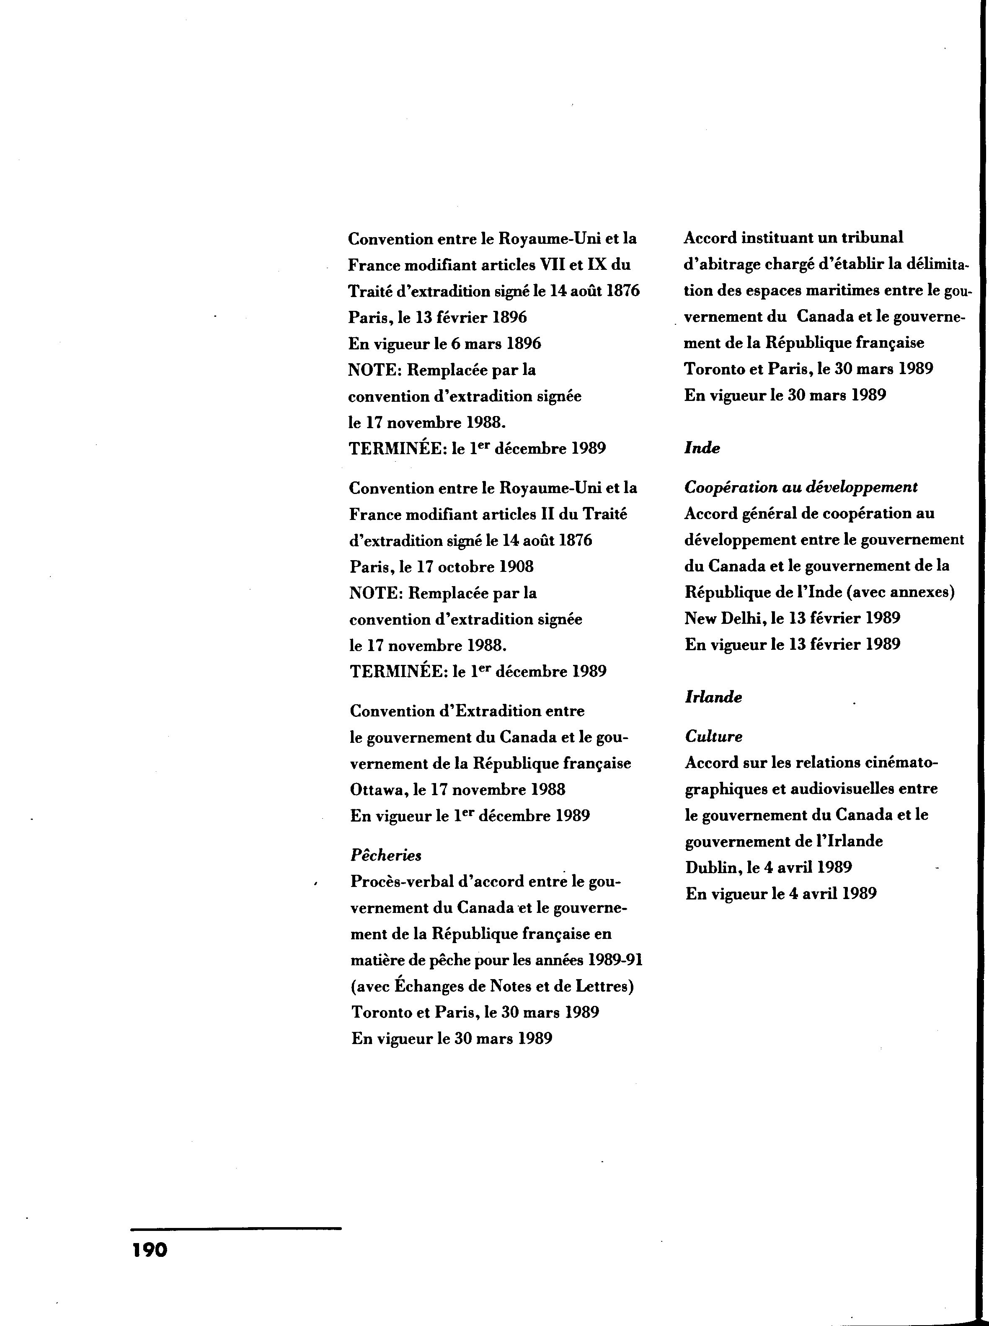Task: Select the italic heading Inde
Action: click(x=702, y=448)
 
